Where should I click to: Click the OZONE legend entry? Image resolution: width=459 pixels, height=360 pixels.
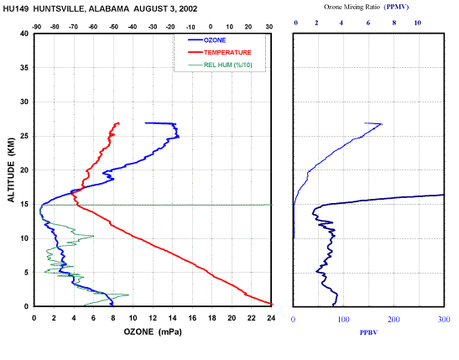tap(207, 40)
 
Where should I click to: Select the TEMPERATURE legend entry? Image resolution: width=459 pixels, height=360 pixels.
tap(220, 52)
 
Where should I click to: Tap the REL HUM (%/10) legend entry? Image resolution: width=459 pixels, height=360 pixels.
tap(220, 65)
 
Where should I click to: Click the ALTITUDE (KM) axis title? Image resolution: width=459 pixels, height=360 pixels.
tap(11, 170)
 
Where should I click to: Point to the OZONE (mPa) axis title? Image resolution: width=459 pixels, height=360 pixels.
tap(153, 332)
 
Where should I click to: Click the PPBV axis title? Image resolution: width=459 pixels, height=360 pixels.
tap(368, 332)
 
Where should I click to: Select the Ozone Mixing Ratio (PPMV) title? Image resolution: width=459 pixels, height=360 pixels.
tap(366, 7)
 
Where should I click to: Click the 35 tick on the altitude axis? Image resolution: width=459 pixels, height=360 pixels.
tap(24, 68)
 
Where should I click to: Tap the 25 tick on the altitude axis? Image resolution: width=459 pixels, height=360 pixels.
tap(24, 136)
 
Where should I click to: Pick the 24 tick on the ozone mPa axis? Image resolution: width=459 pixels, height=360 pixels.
tap(271, 318)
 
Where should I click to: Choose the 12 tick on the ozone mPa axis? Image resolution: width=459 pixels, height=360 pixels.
tap(153, 318)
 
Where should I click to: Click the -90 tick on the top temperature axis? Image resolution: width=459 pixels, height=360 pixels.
tap(36, 27)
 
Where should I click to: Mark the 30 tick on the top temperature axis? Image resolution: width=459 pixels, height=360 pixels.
tap(269, 27)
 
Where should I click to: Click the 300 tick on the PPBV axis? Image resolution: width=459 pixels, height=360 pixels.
tap(444, 320)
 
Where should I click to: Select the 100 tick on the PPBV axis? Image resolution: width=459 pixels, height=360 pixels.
tap(343, 320)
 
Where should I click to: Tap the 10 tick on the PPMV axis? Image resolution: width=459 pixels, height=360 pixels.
tap(417, 23)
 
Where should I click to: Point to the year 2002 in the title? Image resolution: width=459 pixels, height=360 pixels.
tap(188, 8)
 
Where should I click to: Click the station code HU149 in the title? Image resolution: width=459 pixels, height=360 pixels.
tap(16, 8)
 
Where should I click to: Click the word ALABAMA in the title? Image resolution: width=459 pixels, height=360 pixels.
tap(109, 8)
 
